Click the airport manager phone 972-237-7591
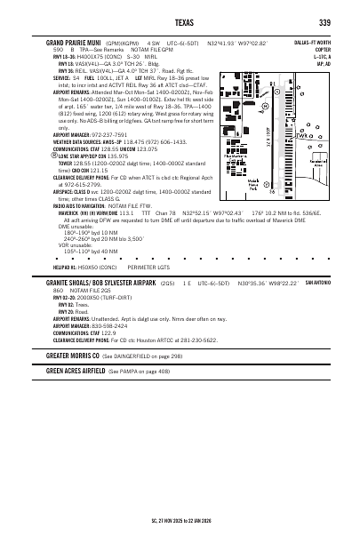(x=104, y=134)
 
